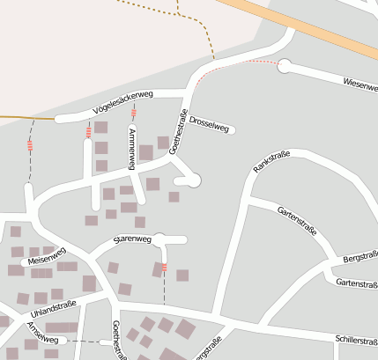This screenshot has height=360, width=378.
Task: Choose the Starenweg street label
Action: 133,239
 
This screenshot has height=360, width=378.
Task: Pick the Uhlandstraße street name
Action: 54,309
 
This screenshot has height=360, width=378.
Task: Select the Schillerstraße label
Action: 356,340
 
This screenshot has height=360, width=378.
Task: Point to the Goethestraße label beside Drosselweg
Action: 179,132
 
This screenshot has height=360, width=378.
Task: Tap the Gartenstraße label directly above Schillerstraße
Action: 356,283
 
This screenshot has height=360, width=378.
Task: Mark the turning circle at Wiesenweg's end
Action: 284,64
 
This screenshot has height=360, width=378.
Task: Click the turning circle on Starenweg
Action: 160,239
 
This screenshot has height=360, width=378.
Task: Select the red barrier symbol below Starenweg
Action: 165,267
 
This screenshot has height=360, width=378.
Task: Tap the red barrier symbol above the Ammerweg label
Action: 134,114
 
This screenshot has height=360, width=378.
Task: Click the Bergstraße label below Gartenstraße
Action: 359,261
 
